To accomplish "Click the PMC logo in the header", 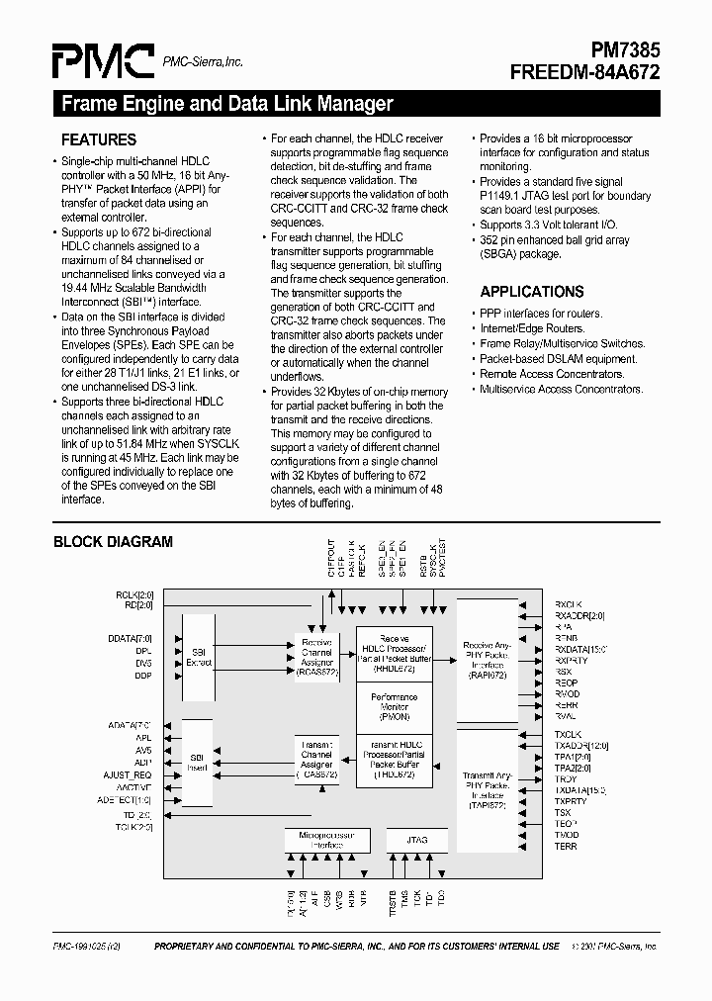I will tap(103, 61).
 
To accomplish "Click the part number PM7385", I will tap(619, 50).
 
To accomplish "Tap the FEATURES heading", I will tap(99, 139).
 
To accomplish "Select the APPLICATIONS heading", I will tap(532, 292).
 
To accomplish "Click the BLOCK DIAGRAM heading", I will tap(113, 542).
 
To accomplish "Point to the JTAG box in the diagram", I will tap(416, 840).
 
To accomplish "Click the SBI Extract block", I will tap(199, 657).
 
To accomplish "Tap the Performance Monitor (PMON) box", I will tap(394, 702).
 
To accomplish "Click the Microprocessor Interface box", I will tap(326, 840).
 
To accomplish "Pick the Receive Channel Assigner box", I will tap(316, 655).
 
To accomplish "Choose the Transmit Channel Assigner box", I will tap(316, 759).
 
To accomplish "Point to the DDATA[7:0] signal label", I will tap(131, 639).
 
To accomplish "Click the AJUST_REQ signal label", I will tap(128, 774).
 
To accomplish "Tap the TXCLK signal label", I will tap(568, 734).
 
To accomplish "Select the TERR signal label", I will tap(566, 847).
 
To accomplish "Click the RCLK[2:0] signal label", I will tap(134, 594).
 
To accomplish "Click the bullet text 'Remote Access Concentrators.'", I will tap(552, 374).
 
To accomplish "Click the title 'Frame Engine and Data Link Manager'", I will tap(227, 104).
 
